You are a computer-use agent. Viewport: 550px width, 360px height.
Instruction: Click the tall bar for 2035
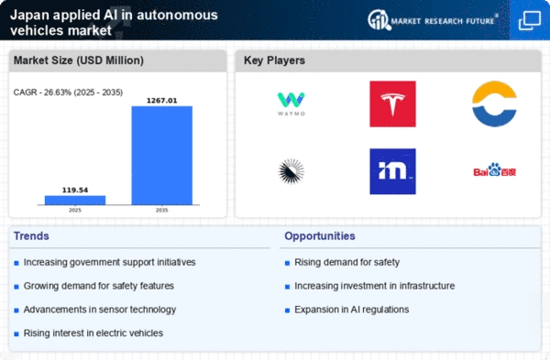(x=161, y=155)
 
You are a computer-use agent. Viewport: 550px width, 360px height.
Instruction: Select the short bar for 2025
(x=75, y=199)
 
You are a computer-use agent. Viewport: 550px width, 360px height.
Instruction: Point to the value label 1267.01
(x=161, y=99)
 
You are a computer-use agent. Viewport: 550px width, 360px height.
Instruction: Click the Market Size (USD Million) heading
(x=79, y=60)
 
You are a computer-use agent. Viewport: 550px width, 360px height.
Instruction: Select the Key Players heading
(x=275, y=60)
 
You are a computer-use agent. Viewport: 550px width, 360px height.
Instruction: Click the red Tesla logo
(x=392, y=104)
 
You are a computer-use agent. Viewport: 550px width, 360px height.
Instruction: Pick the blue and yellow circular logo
(x=494, y=104)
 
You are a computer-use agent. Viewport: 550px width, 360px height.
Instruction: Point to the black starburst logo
(x=292, y=170)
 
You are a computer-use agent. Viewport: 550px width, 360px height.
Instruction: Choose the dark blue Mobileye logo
(x=392, y=171)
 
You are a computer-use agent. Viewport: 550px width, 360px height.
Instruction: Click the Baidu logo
(x=494, y=170)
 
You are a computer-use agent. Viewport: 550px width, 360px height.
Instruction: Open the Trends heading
(x=32, y=236)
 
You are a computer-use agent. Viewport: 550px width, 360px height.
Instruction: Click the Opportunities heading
(x=320, y=236)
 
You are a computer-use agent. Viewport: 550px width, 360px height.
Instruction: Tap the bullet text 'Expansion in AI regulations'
(x=351, y=309)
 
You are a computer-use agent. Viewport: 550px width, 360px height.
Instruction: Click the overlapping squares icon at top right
(x=529, y=19)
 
